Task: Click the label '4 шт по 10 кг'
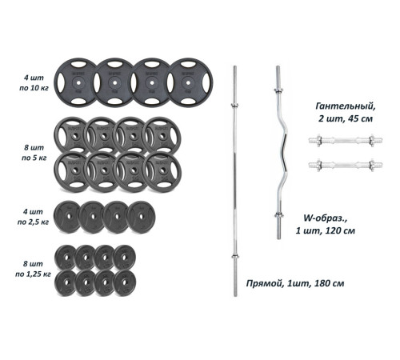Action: pos(34,83)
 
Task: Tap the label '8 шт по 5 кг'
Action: pos(34,153)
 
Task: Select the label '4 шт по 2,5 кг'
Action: pos(33,217)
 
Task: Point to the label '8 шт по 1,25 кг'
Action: pos(33,269)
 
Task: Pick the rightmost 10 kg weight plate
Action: pos(190,82)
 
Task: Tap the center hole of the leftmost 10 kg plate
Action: pos(78,83)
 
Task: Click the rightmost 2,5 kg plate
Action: pos(142,217)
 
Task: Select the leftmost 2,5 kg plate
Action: pos(68,217)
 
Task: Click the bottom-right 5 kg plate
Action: pos(162,172)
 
